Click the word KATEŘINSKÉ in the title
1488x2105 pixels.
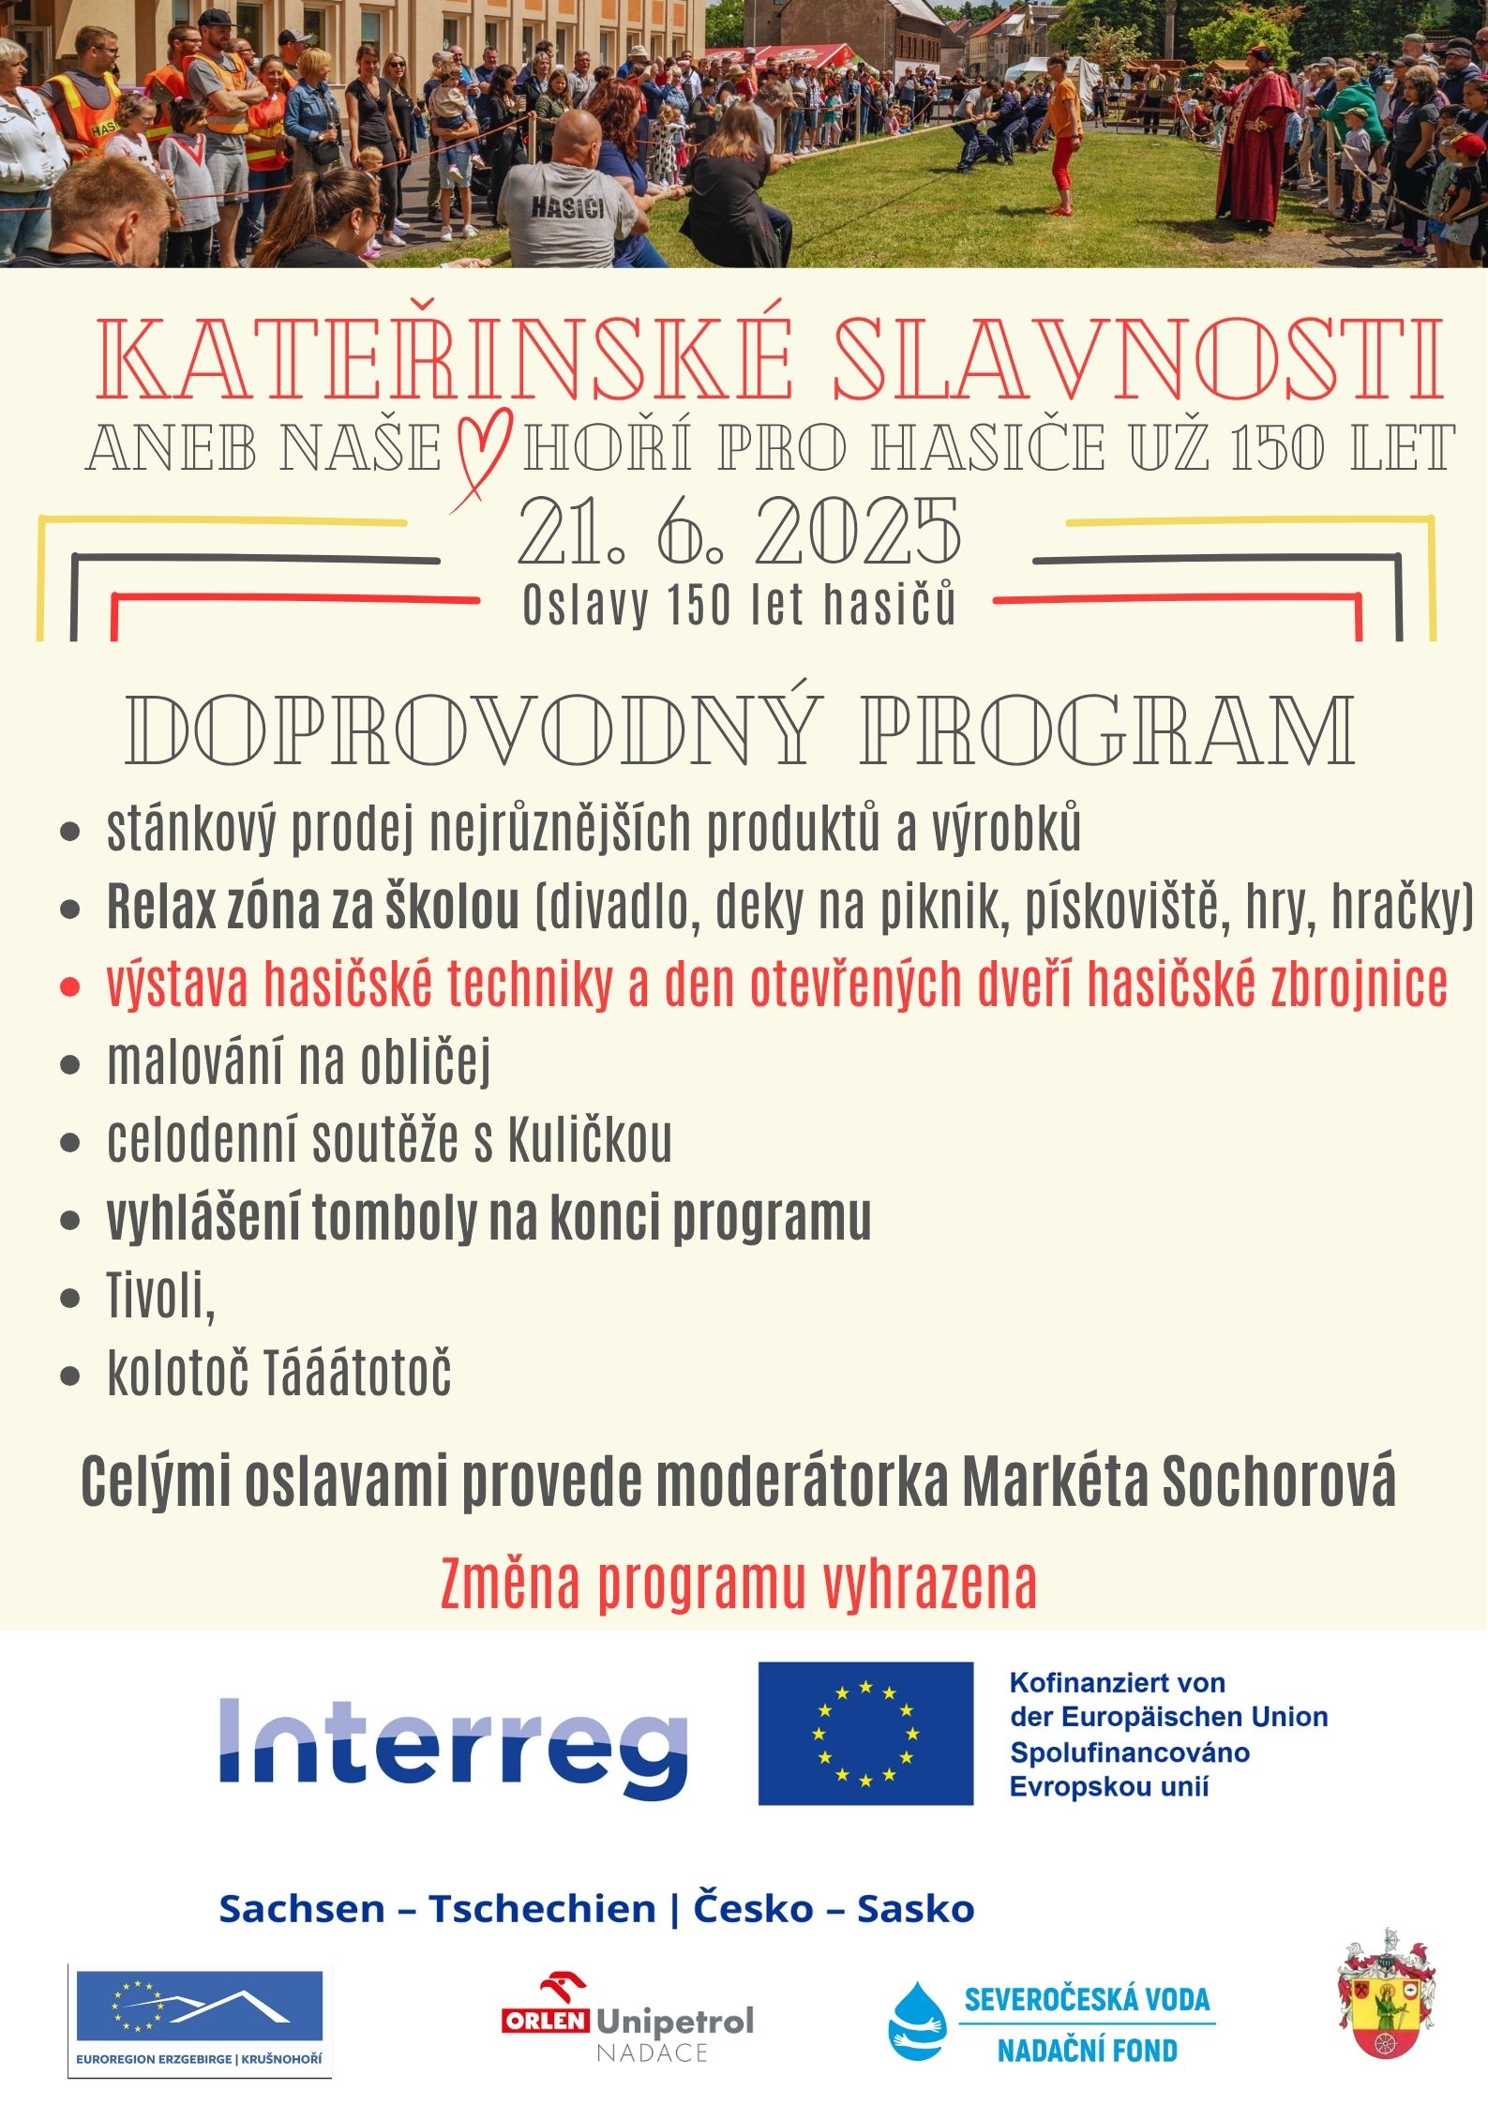point(444,360)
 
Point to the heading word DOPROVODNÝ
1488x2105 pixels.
point(471,730)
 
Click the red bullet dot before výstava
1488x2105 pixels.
point(69,987)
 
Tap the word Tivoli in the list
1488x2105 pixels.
point(159,1295)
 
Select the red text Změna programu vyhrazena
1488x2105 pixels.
point(739,1584)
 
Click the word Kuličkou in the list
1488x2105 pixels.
point(590,1140)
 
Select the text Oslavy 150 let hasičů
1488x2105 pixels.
point(739,605)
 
